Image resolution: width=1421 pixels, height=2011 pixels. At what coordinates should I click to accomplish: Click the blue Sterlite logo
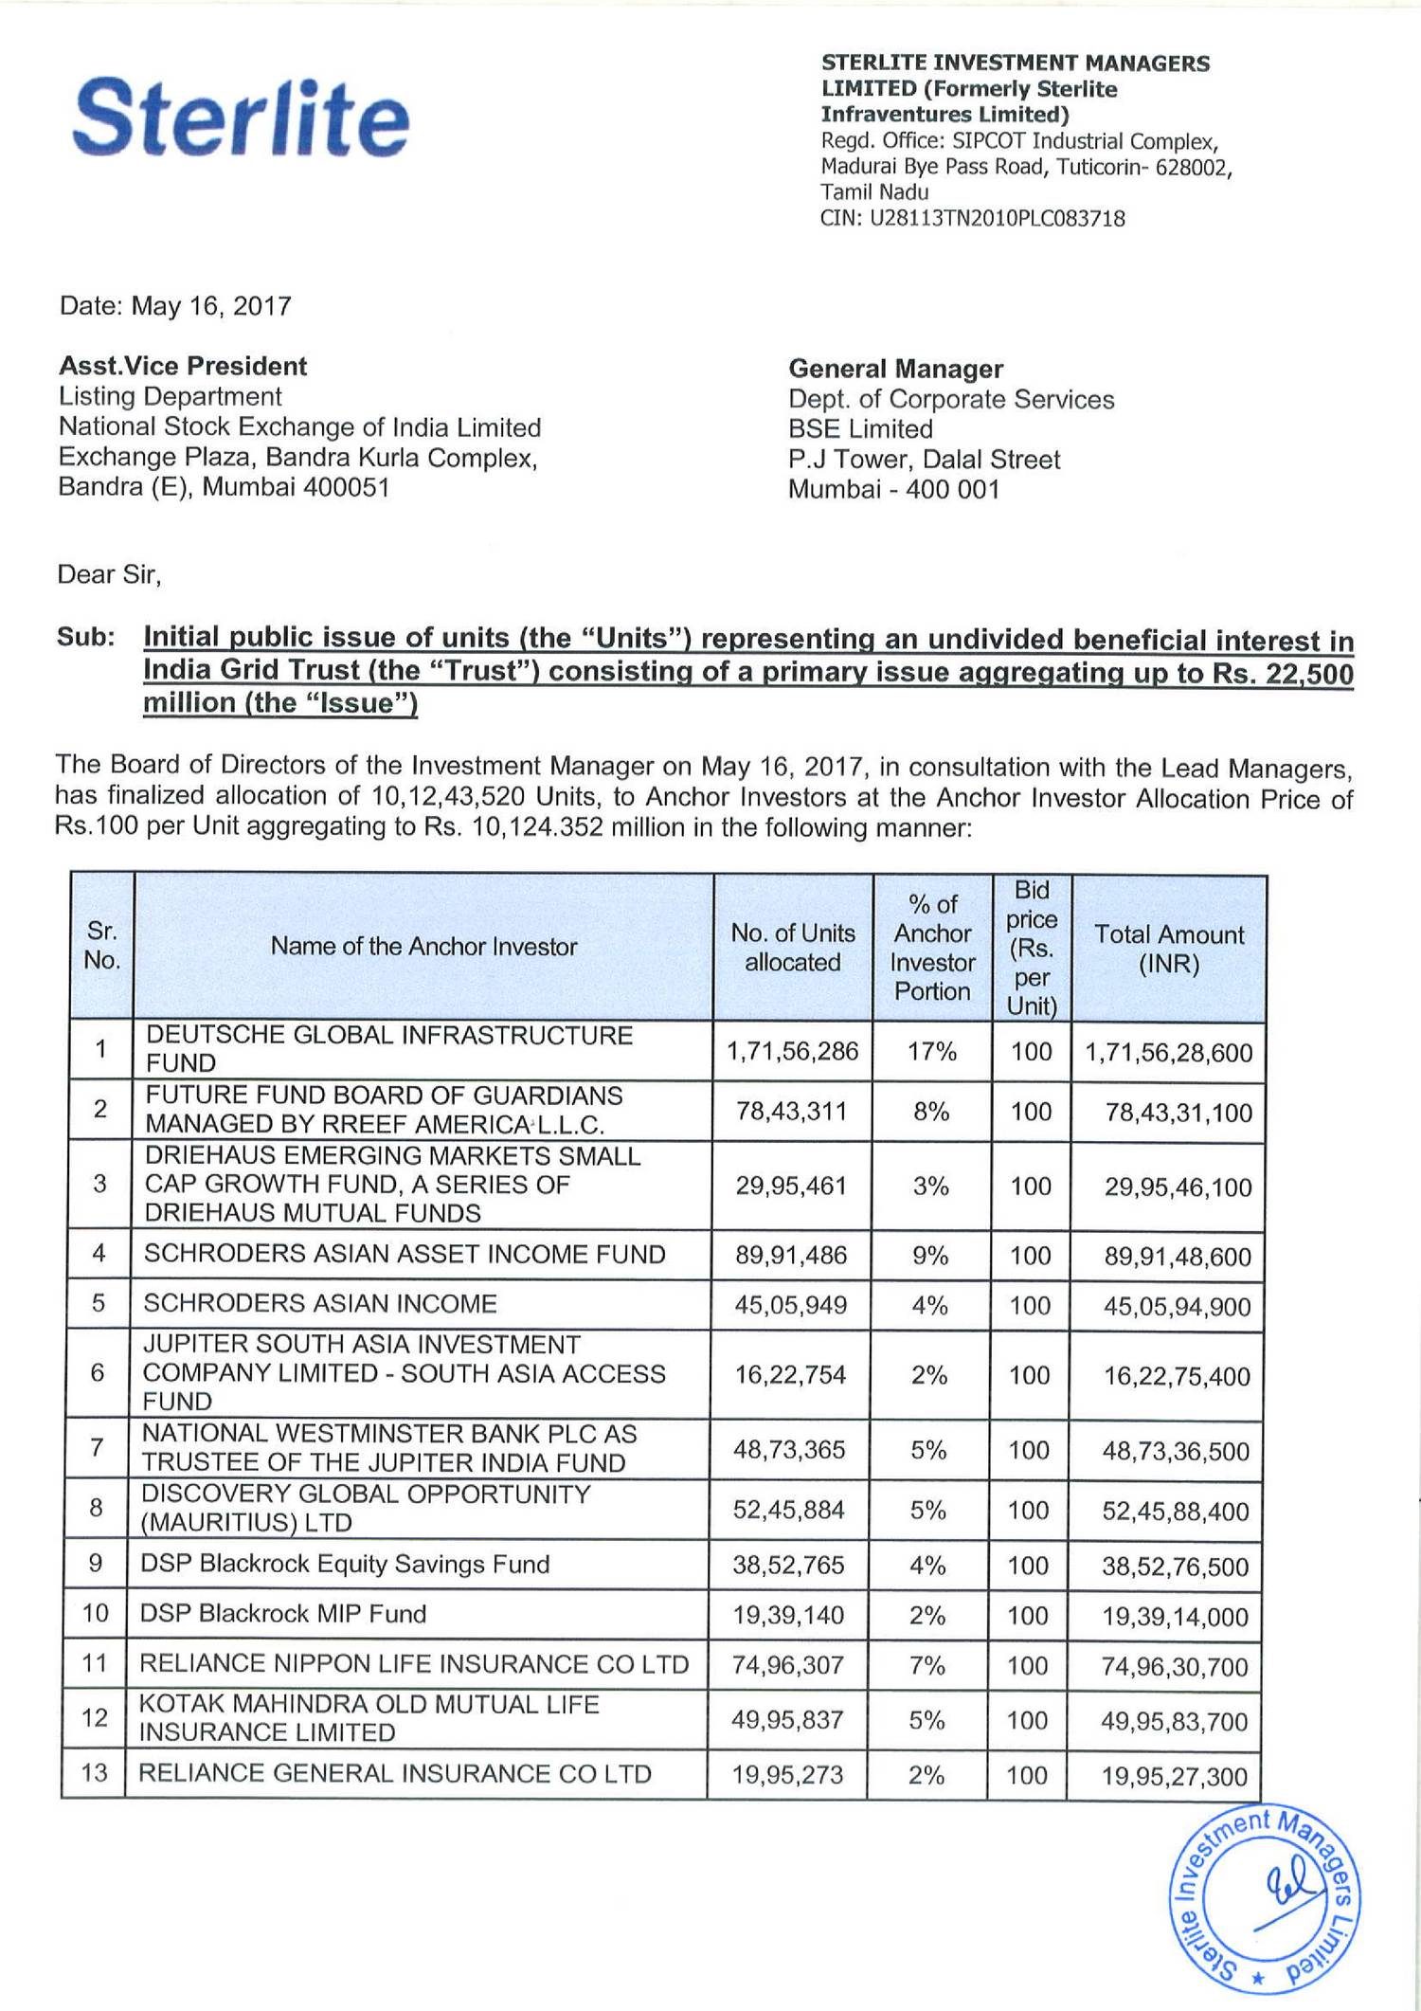point(241,118)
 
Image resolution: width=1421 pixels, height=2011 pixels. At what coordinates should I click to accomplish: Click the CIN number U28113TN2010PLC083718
point(972,219)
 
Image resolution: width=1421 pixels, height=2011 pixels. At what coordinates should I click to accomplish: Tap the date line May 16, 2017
point(175,306)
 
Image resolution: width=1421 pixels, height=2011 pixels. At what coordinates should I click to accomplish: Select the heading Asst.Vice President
point(183,367)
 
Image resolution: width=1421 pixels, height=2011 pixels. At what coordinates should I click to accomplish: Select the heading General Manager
point(895,369)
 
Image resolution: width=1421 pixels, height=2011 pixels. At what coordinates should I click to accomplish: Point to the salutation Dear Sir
point(109,574)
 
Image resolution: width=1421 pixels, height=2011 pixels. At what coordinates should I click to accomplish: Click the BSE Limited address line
point(860,429)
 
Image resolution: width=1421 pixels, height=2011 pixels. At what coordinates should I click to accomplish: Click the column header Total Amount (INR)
point(1169,949)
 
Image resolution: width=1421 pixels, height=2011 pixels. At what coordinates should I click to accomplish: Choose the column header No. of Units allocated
point(792,948)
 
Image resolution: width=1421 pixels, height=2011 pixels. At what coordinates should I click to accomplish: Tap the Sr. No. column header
point(101,946)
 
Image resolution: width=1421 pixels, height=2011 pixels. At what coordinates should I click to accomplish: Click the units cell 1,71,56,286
point(792,1051)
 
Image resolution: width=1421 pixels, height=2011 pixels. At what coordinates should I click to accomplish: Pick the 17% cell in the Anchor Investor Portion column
point(931,1051)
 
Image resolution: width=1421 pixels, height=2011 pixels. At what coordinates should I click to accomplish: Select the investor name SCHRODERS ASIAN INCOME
point(320,1303)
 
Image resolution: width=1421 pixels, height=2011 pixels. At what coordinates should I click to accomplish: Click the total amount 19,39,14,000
point(1175,1617)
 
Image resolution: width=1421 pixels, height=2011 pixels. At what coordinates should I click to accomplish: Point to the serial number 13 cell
point(95,1773)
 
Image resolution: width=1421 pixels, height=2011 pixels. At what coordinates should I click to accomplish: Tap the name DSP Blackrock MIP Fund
point(283,1614)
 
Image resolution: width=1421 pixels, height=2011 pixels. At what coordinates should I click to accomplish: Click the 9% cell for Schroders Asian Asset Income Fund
point(930,1256)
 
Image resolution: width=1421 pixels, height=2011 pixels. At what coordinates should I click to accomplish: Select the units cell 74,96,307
point(788,1666)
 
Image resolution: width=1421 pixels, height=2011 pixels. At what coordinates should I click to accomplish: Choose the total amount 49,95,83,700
point(1174,1721)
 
